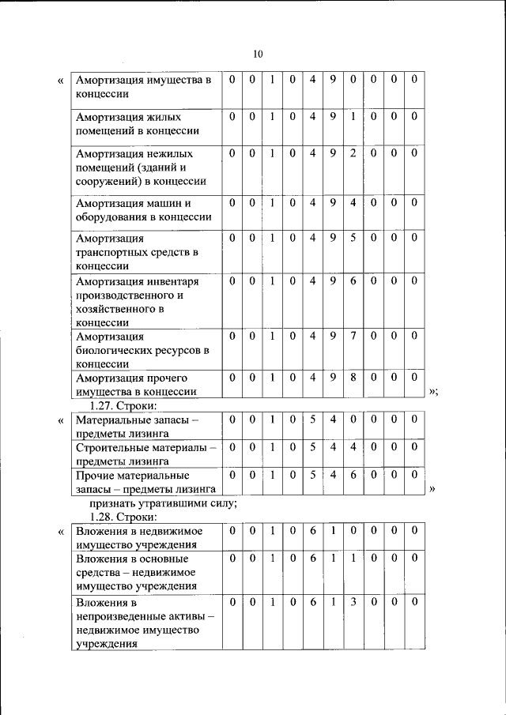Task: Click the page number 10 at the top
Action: point(257,55)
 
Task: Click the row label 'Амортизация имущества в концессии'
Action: point(143,87)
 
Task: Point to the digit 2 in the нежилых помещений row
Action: point(353,153)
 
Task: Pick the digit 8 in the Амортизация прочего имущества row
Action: point(353,378)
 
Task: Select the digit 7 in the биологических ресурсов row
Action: point(353,336)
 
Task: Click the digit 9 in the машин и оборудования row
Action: point(333,203)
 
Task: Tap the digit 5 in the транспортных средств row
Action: point(353,238)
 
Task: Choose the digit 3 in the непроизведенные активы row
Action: point(353,603)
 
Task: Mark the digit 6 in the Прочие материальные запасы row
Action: point(353,476)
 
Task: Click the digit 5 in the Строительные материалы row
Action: point(312,448)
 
